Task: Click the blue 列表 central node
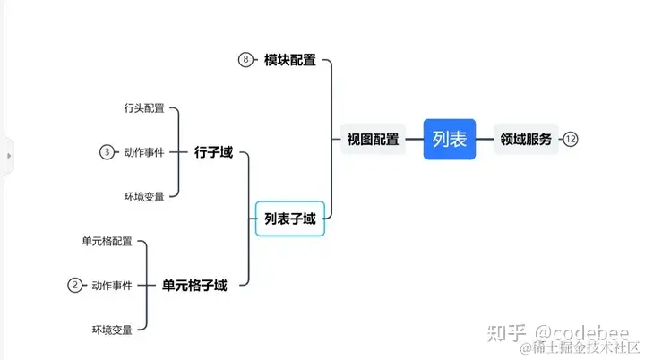[x=449, y=139]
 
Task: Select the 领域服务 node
[x=526, y=139]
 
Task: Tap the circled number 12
[x=571, y=139]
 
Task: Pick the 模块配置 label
[x=289, y=60]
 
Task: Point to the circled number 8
[x=246, y=60]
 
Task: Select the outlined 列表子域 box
[x=289, y=219]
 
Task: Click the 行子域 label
[x=213, y=152]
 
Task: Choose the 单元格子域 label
[x=194, y=286]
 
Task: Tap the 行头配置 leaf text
[x=144, y=108]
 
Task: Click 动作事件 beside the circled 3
[x=144, y=152]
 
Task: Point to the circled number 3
[x=107, y=152]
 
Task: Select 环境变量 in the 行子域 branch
[x=144, y=197]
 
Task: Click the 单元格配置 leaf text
[x=107, y=242]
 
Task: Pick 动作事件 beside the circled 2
[x=112, y=286]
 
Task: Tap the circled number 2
[x=75, y=286]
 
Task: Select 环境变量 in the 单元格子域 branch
[x=112, y=330]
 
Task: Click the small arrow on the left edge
[x=9, y=155]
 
